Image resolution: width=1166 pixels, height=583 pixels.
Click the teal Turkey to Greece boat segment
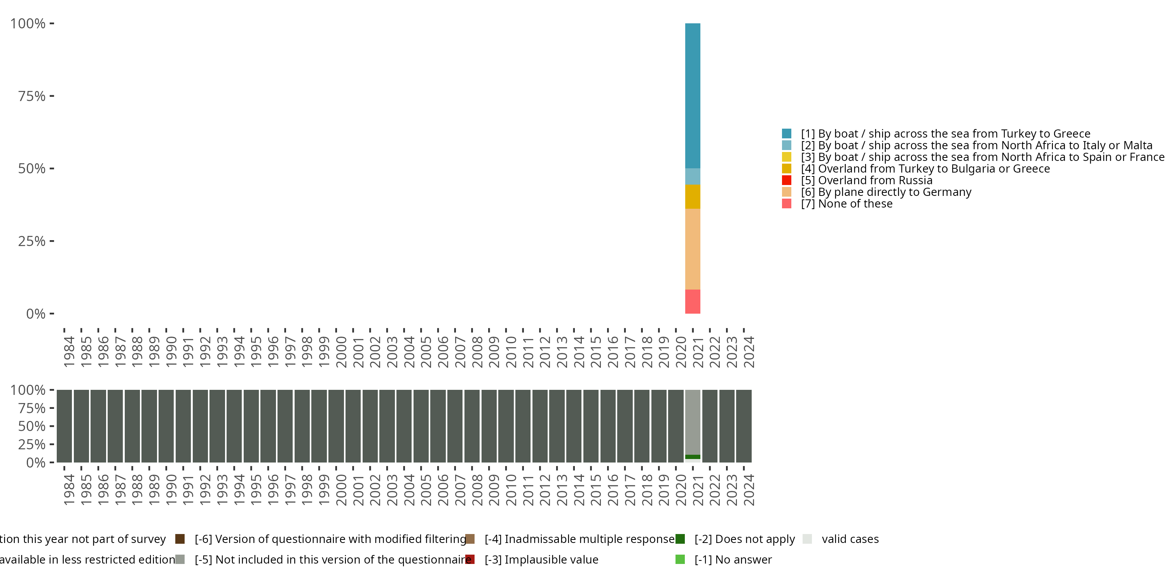click(693, 96)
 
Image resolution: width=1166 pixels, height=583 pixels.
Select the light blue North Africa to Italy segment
click(693, 176)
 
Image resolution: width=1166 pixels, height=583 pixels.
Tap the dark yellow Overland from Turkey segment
click(693, 196)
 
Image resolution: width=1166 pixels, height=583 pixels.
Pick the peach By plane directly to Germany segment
click(693, 249)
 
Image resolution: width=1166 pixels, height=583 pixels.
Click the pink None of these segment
click(693, 302)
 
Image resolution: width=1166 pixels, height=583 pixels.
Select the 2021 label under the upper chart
click(698, 352)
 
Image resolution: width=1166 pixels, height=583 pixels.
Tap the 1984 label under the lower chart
click(69, 490)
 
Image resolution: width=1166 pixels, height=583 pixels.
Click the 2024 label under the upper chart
click(749, 352)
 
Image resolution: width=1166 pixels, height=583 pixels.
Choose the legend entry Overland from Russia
click(875, 180)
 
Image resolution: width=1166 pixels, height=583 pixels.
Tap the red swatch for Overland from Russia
click(787, 180)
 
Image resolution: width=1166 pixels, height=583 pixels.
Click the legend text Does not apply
click(745, 539)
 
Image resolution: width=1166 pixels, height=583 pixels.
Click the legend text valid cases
click(850, 539)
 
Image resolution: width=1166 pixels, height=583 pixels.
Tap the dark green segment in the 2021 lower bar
click(693, 457)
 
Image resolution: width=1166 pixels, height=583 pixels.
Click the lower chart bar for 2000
click(336, 426)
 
